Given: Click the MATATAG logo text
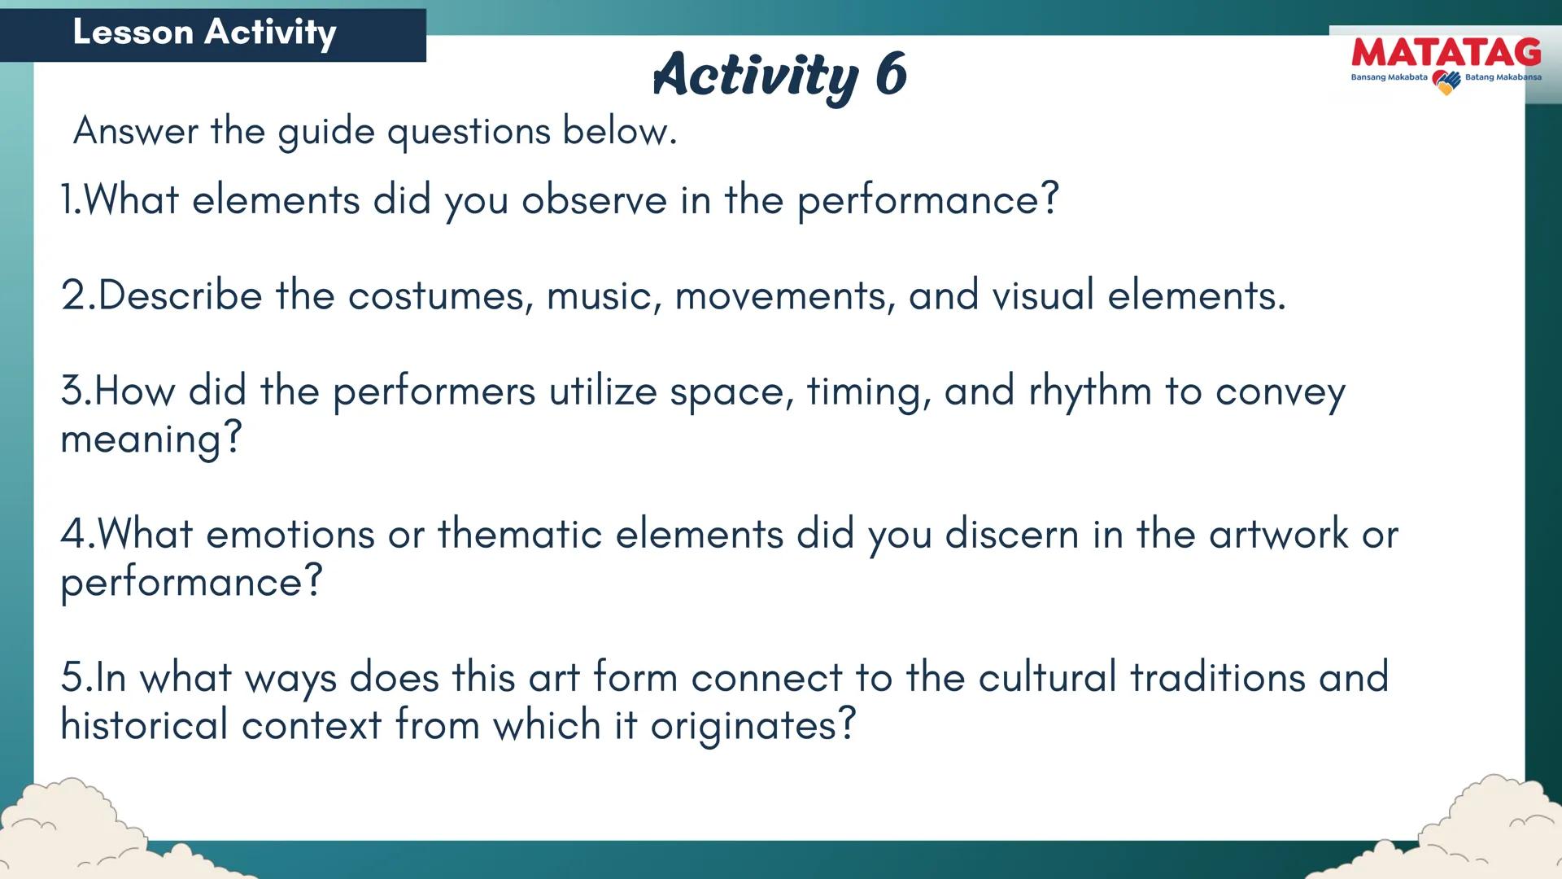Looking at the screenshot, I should click(x=1446, y=53).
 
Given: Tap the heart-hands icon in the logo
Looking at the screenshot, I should click(x=1446, y=81).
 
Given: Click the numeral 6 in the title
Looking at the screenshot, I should click(x=891, y=74).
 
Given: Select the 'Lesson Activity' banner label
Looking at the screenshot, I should click(x=204, y=33).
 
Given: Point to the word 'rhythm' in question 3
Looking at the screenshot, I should click(x=1090, y=391).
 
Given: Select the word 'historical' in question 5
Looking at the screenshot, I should click(x=144, y=725).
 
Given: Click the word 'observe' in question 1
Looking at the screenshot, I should click(x=594, y=200).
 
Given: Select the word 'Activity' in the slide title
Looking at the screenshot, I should click(x=755, y=75).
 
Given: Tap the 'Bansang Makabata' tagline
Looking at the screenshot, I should click(x=1389, y=78).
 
